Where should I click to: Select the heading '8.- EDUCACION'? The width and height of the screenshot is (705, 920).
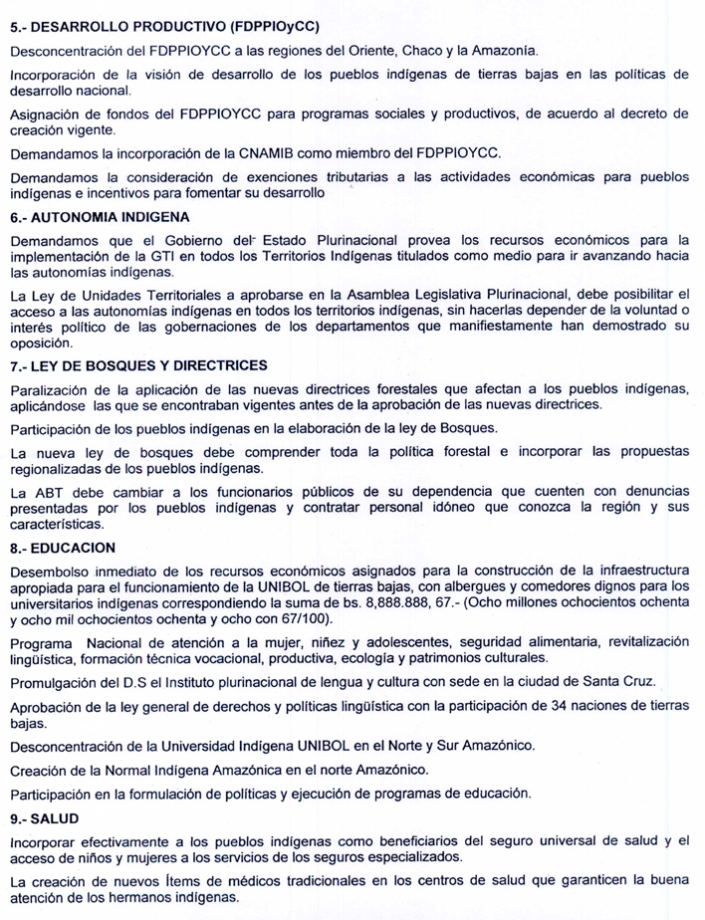(x=61, y=548)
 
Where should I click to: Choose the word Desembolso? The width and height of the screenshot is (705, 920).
(x=51, y=570)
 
